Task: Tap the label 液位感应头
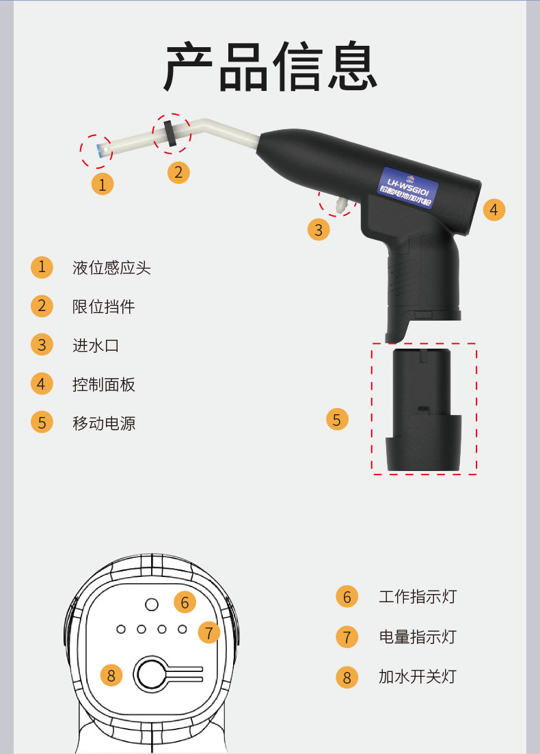pos(111,267)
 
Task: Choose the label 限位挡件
pos(104,306)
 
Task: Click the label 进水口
pos(96,345)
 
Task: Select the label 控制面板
pos(104,384)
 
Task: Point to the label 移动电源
pos(104,423)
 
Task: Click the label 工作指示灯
pos(417,597)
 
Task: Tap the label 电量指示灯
pos(417,637)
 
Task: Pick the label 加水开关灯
pos(417,677)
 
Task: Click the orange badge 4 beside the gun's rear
pos(494,209)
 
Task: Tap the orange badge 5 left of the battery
pos(336,419)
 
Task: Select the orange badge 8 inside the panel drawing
pos(111,675)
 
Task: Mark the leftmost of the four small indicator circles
pos(121,629)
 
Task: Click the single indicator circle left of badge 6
pos(152,604)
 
